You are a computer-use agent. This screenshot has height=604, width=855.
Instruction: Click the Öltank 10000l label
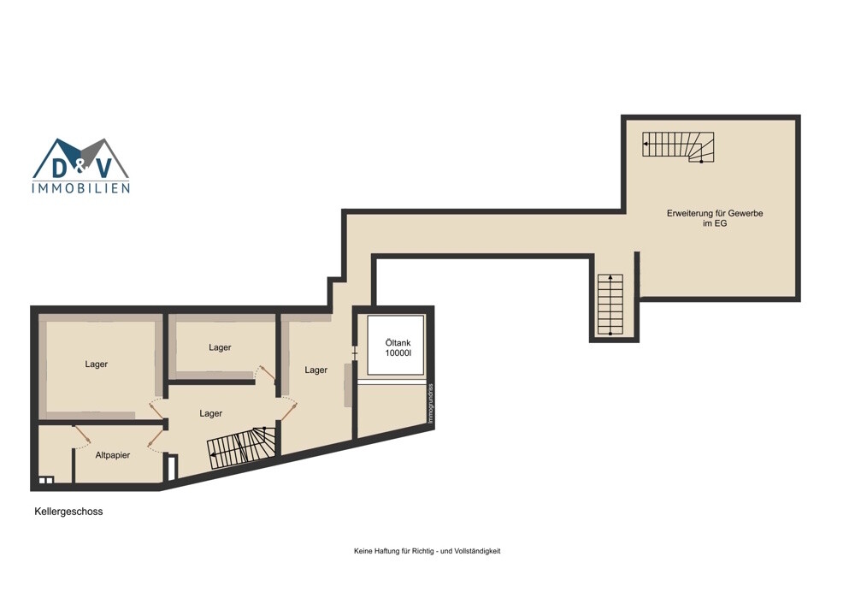click(x=398, y=347)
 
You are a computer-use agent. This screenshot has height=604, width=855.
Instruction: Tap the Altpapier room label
click(x=113, y=455)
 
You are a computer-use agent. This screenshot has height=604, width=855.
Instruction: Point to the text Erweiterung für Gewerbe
click(x=715, y=213)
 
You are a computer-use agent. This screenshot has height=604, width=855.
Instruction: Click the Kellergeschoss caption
click(x=68, y=512)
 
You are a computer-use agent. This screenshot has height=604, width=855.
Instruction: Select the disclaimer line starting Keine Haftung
click(x=427, y=551)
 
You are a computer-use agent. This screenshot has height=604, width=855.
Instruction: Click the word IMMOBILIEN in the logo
click(x=81, y=188)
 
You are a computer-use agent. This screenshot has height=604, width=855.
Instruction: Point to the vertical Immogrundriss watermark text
click(x=430, y=404)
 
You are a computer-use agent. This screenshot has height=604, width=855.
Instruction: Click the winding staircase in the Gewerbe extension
click(x=678, y=147)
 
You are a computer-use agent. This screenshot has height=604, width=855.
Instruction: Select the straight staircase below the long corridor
click(x=610, y=305)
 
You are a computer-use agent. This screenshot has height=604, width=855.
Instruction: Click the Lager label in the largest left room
click(x=96, y=364)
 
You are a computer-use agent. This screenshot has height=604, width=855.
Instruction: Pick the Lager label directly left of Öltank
click(x=315, y=370)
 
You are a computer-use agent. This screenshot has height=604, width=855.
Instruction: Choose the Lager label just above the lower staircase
click(x=210, y=413)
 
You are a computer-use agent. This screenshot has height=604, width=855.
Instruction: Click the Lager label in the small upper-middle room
click(x=220, y=347)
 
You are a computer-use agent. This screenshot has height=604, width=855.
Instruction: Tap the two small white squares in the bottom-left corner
click(x=46, y=480)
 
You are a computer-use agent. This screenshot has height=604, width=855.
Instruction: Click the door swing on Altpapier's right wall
click(x=155, y=438)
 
